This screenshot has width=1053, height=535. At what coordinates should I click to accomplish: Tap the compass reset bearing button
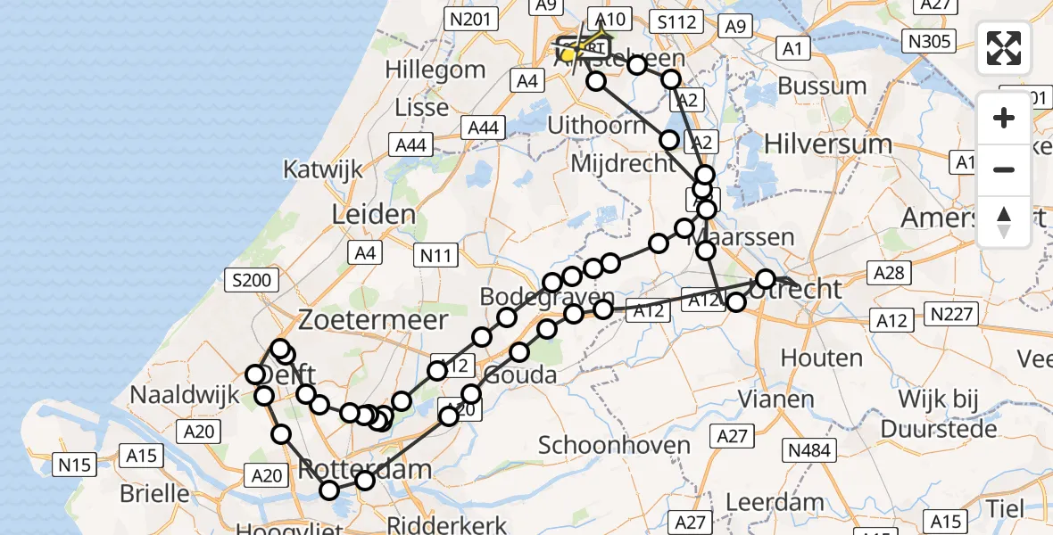click(1004, 222)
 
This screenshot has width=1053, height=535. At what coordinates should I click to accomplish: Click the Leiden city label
click(374, 214)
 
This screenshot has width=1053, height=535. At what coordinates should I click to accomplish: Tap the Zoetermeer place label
click(373, 319)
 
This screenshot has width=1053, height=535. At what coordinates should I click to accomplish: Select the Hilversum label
click(828, 144)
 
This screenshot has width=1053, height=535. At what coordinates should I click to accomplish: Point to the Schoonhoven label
click(614, 445)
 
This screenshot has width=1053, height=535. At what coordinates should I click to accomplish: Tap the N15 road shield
click(76, 464)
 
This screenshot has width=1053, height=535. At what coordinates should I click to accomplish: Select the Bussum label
click(822, 86)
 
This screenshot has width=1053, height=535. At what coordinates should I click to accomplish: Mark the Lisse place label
click(422, 108)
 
